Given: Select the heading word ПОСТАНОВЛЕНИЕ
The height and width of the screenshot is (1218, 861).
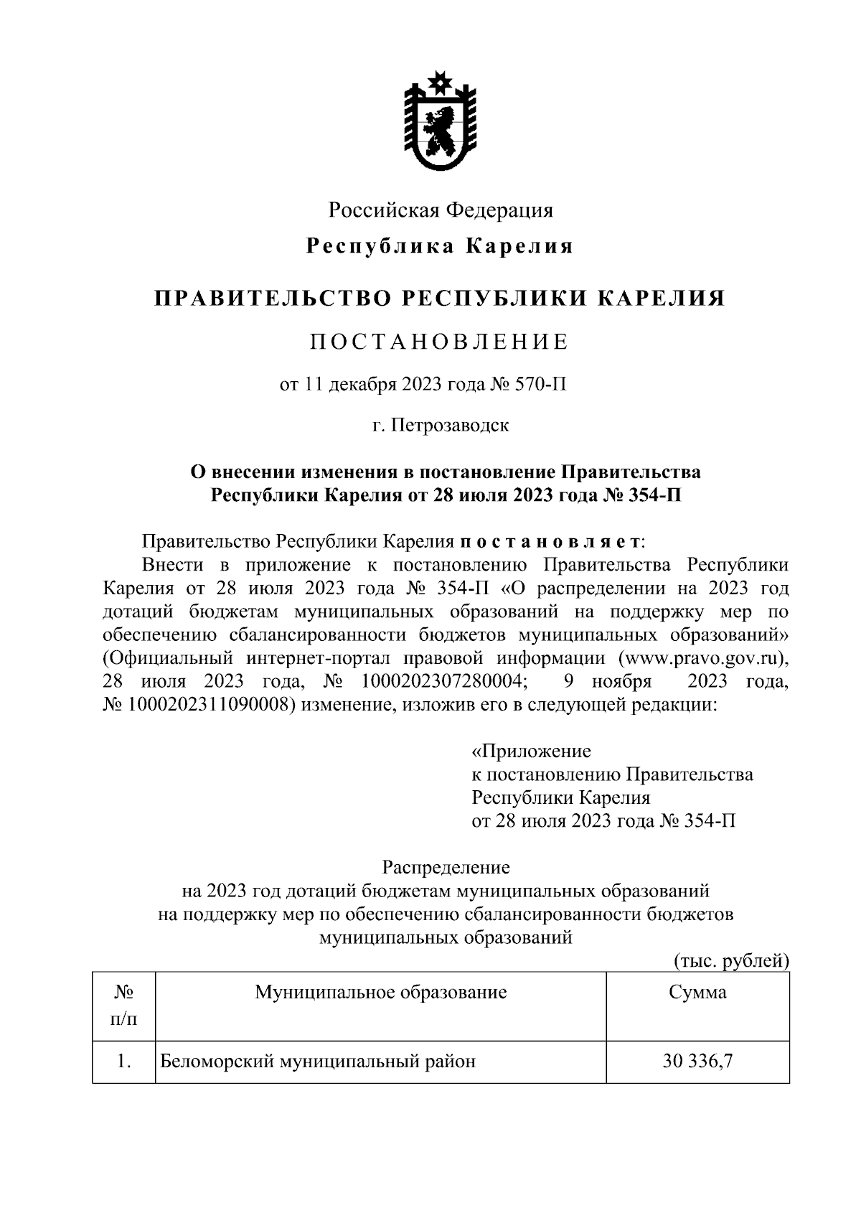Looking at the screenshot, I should [x=439, y=342].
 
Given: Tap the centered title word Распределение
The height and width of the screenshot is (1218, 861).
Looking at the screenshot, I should [x=446, y=868].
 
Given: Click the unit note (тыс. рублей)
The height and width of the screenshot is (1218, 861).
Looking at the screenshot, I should [x=731, y=961].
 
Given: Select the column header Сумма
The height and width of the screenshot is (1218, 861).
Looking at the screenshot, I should [x=697, y=993].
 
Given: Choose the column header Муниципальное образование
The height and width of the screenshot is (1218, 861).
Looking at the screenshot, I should [x=380, y=993].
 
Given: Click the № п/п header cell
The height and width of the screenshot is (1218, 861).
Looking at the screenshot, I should [x=123, y=1005].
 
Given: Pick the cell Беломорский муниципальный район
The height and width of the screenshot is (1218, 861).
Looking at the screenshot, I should [x=317, y=1061].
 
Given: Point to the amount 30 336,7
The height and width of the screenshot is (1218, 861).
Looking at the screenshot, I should [x=697, y=1061].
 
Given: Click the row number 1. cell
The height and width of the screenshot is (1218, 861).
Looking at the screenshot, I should [x=123, y=1061].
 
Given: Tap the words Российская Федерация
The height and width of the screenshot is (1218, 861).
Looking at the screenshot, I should [x=441, y=210].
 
